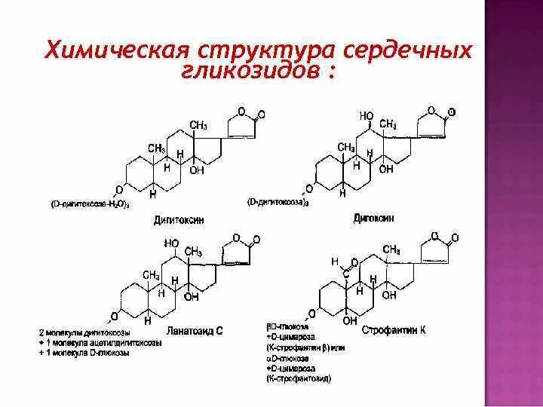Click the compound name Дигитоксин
coord(178,219)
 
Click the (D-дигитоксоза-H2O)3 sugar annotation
coord(90,204)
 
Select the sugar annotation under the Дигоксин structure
coord(278,202)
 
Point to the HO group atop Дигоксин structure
coord(367,116)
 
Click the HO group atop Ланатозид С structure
coord(172,243)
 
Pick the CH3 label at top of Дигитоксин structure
coord(198,124)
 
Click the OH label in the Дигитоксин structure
coord(197,170)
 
